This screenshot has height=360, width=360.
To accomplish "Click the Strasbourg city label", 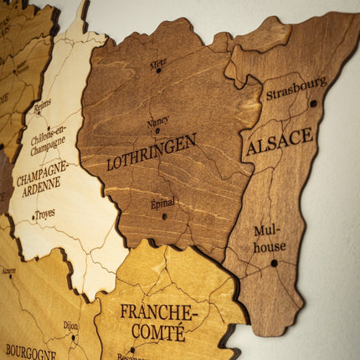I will tap(296, 88).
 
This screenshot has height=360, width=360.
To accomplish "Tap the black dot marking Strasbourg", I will tap(313, 104).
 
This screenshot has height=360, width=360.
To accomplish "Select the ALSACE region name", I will tap(280, 141).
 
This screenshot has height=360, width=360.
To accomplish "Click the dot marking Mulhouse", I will tap(274, 263).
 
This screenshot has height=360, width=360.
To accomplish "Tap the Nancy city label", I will tap(157, 121).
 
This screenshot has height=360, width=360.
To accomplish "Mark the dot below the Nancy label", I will tap(157, 131).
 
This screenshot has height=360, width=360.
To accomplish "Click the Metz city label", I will tap(157, 64).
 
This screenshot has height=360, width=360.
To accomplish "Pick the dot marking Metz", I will tap(157, 71).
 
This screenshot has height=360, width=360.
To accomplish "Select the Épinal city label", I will tap(162, 203).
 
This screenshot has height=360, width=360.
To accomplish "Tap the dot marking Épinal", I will tap(164, 216).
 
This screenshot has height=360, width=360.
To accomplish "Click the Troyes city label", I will tap(45, 213).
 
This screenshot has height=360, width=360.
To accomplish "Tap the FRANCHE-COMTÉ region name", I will tap(159, 321).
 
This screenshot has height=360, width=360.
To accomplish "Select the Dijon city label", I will tap(70, 326).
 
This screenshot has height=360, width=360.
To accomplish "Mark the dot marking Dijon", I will tap(73, 337).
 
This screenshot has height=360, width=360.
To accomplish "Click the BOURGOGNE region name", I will tap(31, 351).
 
